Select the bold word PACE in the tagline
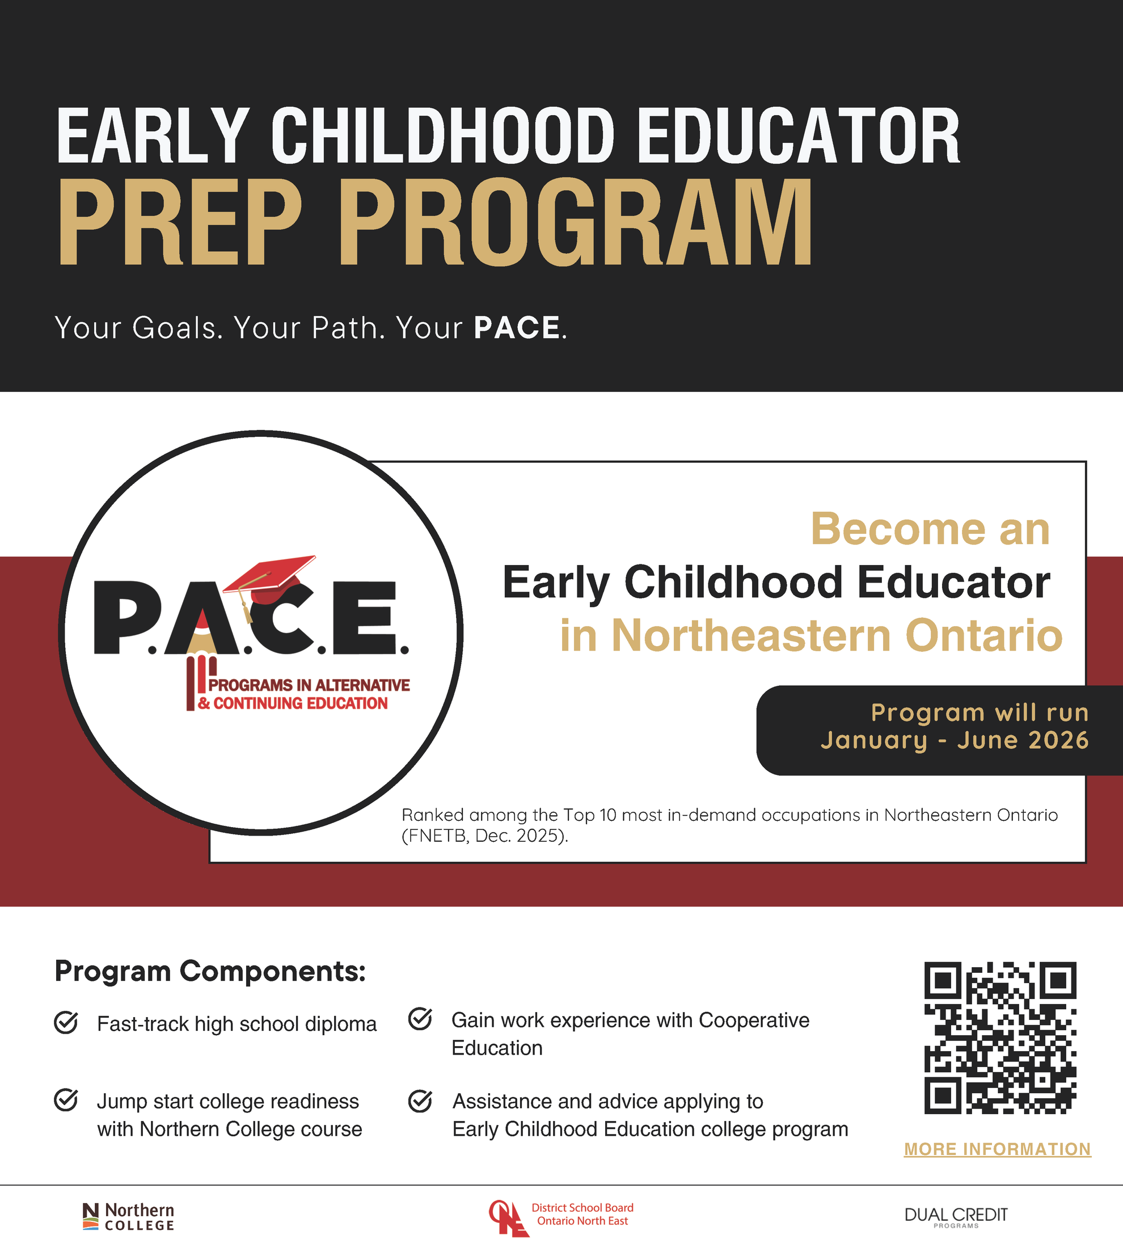coord(517,328)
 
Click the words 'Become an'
coord(930,530)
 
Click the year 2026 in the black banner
coord(1058,741)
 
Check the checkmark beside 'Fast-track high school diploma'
coord(66,1023)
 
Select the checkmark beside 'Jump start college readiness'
coord(66,1100)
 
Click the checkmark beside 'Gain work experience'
coord(420,1019)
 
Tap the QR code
coord(999,1038)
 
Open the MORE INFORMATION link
coord(997,1149)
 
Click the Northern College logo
coord(128,1217)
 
